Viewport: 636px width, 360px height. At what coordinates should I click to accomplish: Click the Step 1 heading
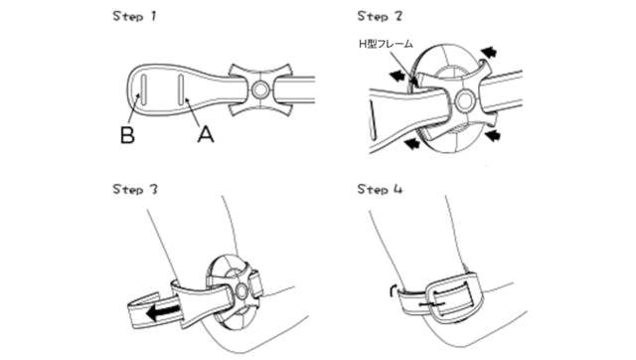(x=134, y=17)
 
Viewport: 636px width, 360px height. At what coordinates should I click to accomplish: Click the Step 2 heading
(x=380, y=17)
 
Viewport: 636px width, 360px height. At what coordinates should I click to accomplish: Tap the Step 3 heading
(x=135, y=190)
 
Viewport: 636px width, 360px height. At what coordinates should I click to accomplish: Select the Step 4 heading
(x=380, y=190)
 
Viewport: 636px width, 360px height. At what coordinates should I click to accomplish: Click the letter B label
(x=127, y=135)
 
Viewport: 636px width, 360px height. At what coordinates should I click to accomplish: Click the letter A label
(x=206, y=134)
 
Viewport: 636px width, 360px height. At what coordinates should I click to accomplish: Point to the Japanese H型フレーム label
(x=386, y=44)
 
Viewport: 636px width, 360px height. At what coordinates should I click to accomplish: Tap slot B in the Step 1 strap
(x=142, y=89)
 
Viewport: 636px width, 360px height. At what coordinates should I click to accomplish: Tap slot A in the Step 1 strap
(x=181, y=89)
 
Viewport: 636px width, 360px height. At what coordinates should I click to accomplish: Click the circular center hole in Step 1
(x=259, y=90)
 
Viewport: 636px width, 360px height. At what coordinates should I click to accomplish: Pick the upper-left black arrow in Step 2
(x=397, y=75)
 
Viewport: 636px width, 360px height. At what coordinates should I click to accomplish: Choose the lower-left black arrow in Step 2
(x=412, y=143)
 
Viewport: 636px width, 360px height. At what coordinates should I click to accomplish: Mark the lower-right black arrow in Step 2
(x=493, y=134)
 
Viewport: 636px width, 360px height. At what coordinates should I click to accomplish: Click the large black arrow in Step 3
(x=163, y=312)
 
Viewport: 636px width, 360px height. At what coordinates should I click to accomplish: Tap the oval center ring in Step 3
(x=241, y=291)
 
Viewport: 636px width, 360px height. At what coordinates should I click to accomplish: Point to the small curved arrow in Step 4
(x=393, y=290)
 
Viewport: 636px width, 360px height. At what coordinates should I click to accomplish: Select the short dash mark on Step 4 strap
(x=432, y=304)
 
